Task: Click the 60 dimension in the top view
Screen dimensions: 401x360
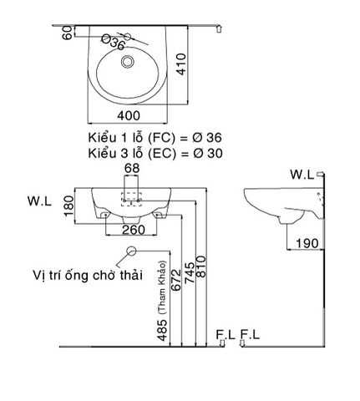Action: click(68, 33)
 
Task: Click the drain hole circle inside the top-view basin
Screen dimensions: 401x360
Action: click(127, 60)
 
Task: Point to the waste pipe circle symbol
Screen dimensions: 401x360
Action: click(130, 251)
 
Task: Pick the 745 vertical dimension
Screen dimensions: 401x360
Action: click(190, 278)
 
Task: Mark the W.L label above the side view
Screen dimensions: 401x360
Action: click(302, 174)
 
